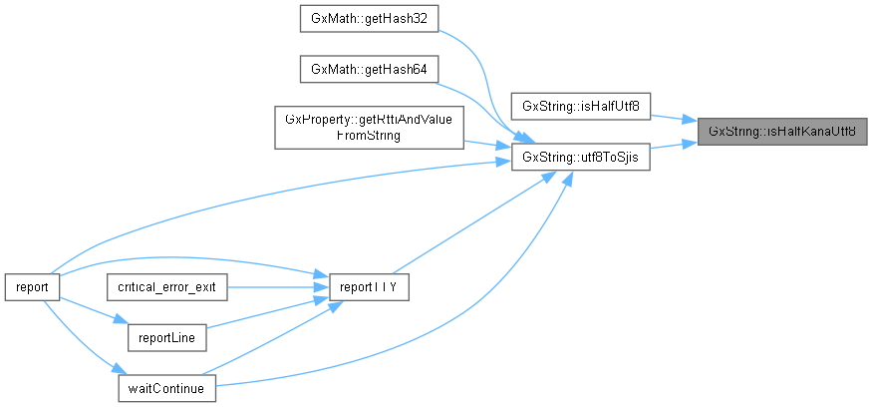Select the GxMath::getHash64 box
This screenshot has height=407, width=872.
point(368,69)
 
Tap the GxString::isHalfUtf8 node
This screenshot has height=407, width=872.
point(581,105)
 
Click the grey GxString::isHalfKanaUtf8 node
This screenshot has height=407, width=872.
point(782,131)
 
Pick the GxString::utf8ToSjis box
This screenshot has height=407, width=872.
point(581,157)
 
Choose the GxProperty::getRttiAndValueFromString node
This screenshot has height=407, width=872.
point(368,128)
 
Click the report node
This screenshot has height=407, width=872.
point(32,286)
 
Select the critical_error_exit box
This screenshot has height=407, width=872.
point(167,286)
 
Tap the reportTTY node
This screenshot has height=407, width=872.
point(368,286)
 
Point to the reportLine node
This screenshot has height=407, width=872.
point(167,338)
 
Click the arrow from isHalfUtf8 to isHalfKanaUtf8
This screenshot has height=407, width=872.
point(674,116)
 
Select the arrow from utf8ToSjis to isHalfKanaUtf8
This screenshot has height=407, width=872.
point(674,146)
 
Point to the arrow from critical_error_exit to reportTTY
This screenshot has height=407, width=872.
point(278,286)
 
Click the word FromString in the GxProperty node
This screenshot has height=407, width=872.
point(368,136)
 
